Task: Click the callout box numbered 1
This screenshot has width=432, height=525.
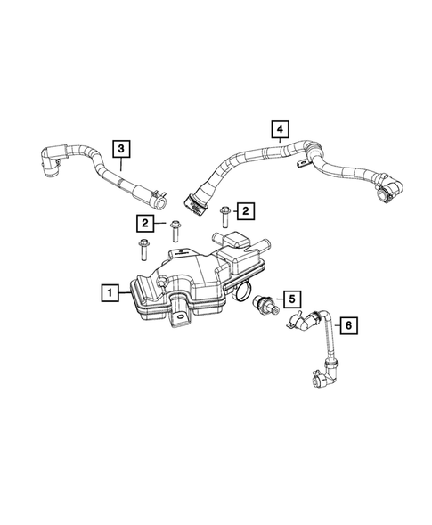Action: [109, 291]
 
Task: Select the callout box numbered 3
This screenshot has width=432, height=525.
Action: [119, 147]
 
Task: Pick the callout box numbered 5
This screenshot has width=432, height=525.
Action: [292, 297]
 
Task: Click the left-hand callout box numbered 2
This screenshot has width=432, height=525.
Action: [143, 222]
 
